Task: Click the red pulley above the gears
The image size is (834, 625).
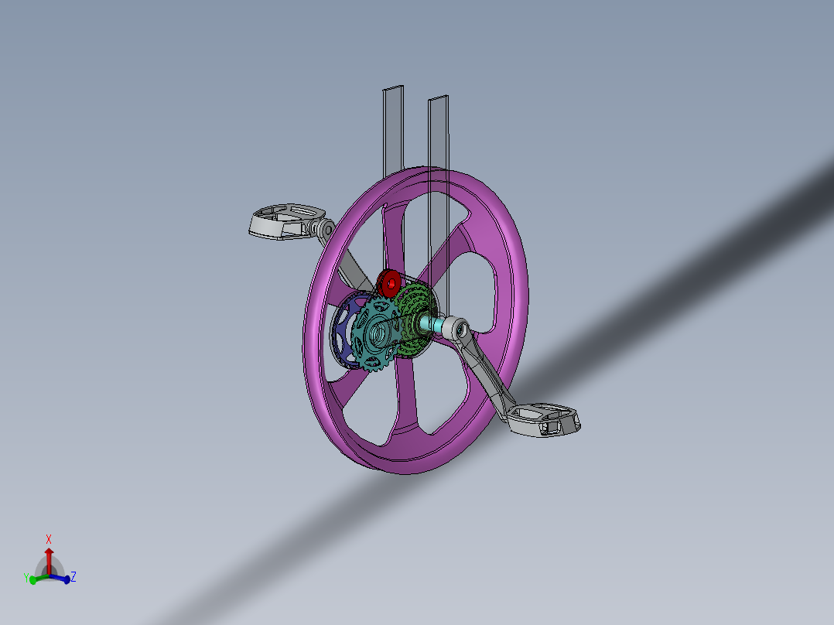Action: [x=388, y=283]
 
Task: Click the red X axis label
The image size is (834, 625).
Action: [x=49, y=539]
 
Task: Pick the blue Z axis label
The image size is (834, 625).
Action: [x=73, y=576]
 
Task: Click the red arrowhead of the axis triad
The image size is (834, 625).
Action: [x=49, y=552]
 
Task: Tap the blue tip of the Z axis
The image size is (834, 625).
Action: [x=67, y=579]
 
